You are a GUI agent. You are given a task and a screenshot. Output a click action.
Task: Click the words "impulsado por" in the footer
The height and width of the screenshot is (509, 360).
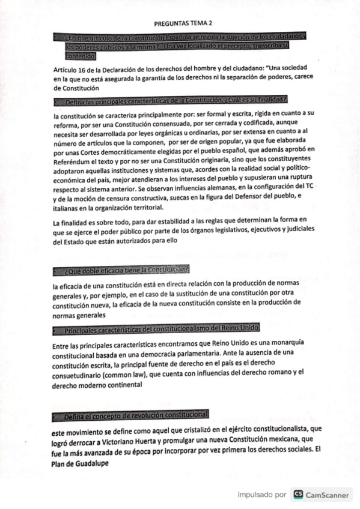[261, 495]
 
